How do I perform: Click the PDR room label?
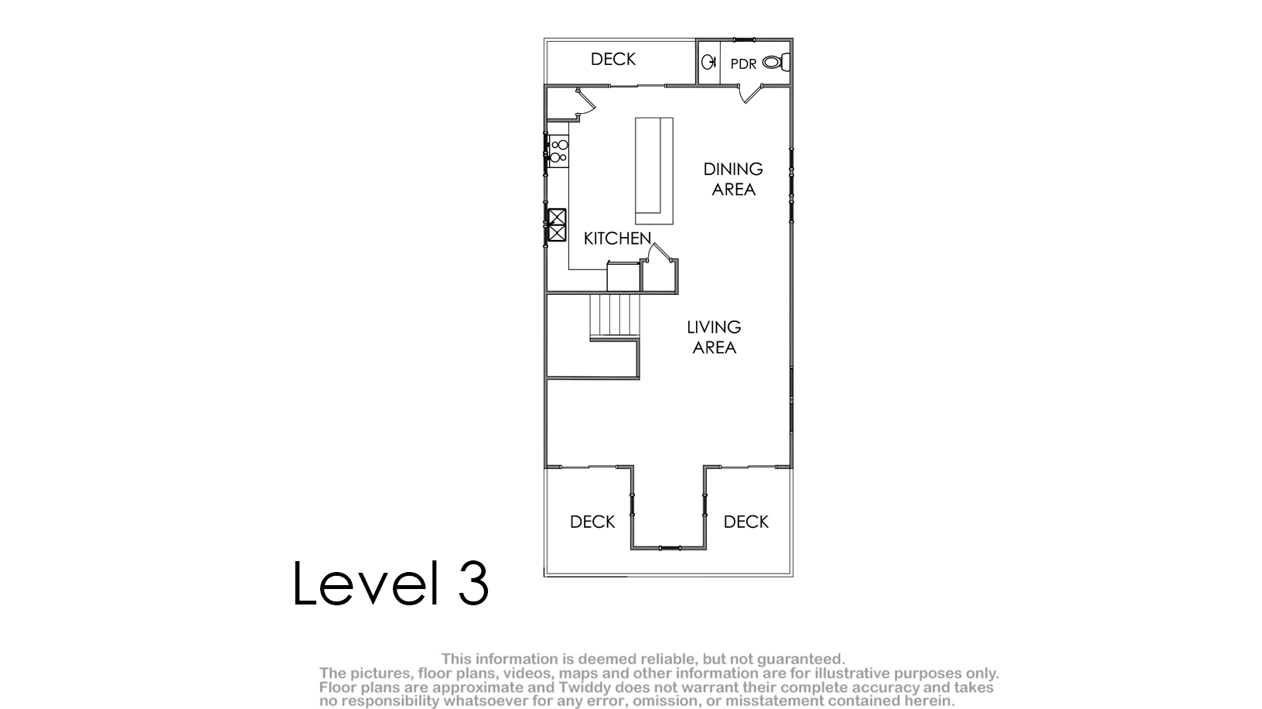click(x=743, y=63)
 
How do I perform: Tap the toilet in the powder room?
click(x=776, y=62)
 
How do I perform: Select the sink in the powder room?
click(x=709, y=62)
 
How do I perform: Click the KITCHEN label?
click(x=618, y=238)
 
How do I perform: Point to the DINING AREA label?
click(x=733, y=179)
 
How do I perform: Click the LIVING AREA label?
click(x=714, y=337)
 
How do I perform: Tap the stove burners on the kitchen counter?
click(x=559, y=151)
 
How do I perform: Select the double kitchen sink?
click(x=558, y=225)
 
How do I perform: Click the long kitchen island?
click(x=654, y=171)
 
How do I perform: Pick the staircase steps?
click(x=615, y=317)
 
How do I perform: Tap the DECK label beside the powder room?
click(x=613, y=60)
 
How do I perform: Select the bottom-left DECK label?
click(x=592, y=522)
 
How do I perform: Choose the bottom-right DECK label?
click(x=746, y=522)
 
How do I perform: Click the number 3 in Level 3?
click(x=473, y=583)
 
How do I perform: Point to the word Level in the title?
click(x=366, y=582)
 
